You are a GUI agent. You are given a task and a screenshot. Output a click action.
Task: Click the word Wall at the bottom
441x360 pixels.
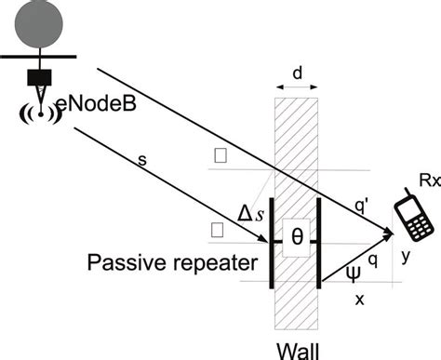coord(298,346)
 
